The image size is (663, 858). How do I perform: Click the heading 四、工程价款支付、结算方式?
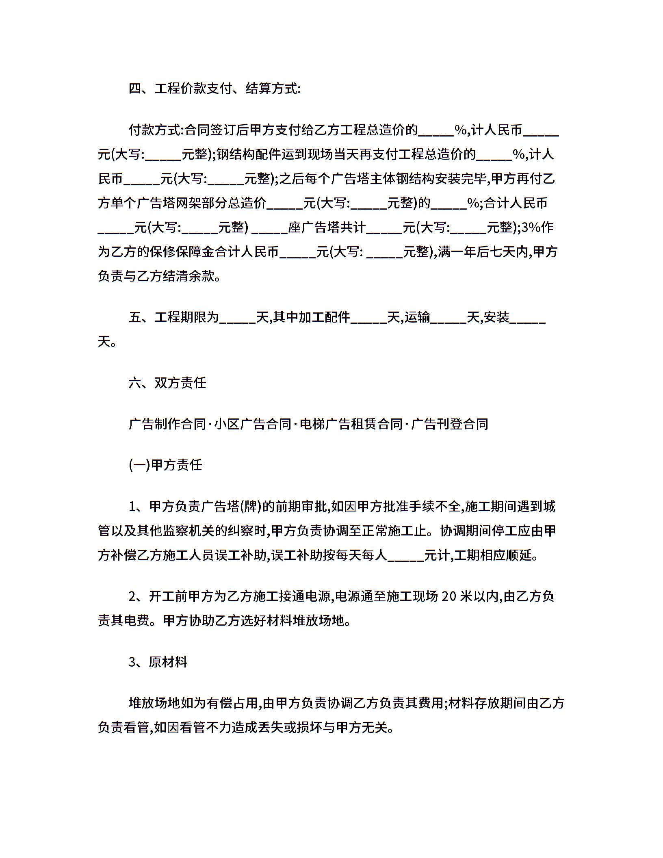pyautogui.click(x=214, y=88)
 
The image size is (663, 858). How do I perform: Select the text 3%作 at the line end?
pyautogui.click(x=537, y=227)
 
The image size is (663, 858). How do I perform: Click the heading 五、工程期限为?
pyautogui.click(x=174, y=317)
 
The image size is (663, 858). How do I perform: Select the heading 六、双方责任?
pyautogui.click(x=167, y=383)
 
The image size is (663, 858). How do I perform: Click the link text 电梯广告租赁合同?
pyautogui.click(x=351, y=424)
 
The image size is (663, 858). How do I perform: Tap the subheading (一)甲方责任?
pyautogui.click(x=165, y=465)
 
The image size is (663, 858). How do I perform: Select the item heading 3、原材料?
pyautogui.click(x=158, y=662)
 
